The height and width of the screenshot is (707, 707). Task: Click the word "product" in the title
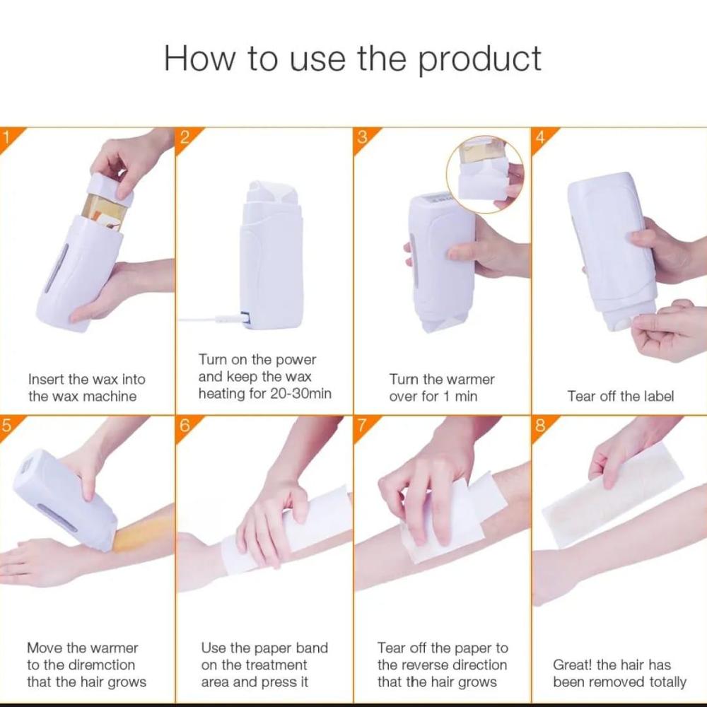click(480, 60)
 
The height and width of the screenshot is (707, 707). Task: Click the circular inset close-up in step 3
click(485, 175)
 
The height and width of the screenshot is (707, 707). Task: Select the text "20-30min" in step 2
click(300, 394)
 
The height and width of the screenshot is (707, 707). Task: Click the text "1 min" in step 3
click(460, 397)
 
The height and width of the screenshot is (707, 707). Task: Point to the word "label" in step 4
click(658, 397)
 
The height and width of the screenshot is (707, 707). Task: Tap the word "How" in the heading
click(199, 59)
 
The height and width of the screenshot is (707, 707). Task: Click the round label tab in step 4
click(624, 324)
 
